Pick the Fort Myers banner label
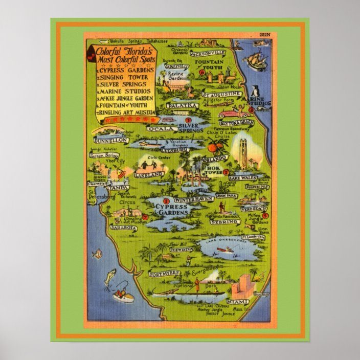[164, 274]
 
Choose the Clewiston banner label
[182, 249]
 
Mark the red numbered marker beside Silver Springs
[188, 121]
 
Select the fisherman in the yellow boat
[122, 293]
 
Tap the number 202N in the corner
[264, 35]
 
